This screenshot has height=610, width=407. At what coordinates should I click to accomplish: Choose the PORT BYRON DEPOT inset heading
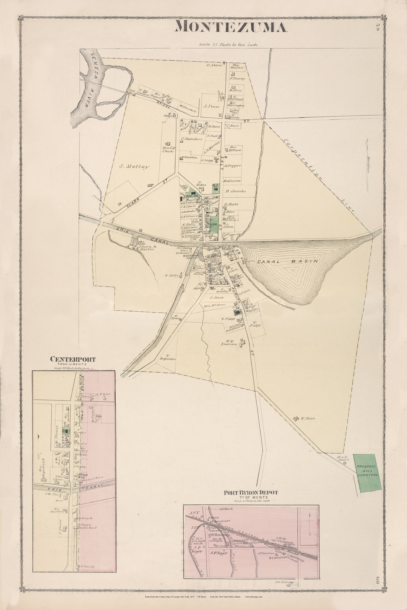(x=251, y=493)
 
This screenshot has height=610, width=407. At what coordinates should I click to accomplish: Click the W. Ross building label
(x=307, y=418)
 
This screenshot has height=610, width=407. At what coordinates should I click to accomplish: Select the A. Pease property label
(x=210, y=106)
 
